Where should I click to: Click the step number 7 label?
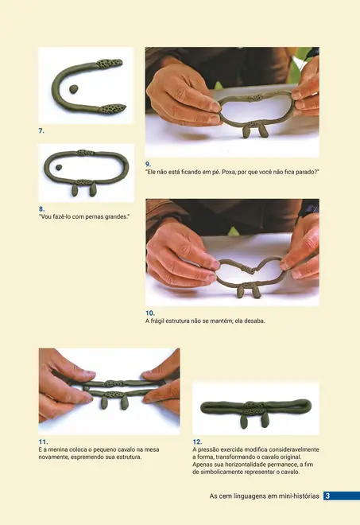click(41, 131)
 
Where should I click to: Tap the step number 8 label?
click(41, 209)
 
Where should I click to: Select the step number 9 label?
click(148, 164)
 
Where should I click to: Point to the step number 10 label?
click(150, 313)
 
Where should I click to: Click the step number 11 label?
click(43, 441)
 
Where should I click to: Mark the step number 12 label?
click(197, 441)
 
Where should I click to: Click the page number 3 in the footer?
click(327, 496)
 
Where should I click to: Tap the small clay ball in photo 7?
click(74, 89)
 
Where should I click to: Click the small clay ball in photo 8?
click(59, 167)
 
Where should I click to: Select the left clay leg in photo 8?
click(75, 191)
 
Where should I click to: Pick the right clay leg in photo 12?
click(265, 420)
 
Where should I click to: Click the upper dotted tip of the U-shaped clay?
click(110, 64)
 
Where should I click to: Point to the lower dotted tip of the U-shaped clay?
click(114, 108)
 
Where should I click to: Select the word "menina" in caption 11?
click(60, 449)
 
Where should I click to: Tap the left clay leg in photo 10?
click(241, 292)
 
